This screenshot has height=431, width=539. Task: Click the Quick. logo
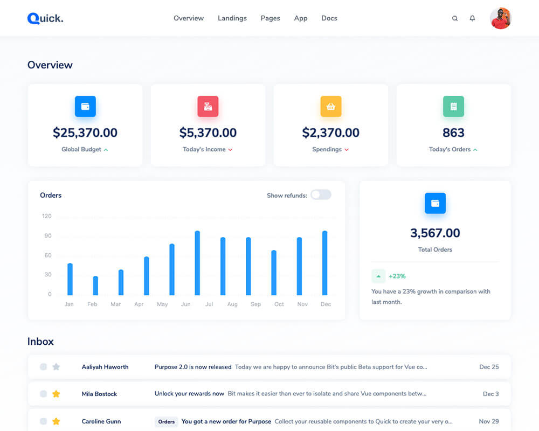(45, 18)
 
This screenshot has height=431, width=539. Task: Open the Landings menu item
(232, 18)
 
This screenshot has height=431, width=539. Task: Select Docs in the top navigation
(329, 18)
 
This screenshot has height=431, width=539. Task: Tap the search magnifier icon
(455, 18)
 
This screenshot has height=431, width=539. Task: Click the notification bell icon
(472, 18)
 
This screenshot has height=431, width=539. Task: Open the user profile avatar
(500, 18)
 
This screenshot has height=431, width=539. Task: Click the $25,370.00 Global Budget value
(85, 133)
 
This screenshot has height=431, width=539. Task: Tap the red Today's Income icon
(208, 107)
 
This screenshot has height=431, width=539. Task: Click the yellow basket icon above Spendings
(331, 107)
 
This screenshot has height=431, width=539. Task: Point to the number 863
(453, 133)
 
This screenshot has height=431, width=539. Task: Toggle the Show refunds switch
(321, 195)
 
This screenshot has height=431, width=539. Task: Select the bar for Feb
(95, 286)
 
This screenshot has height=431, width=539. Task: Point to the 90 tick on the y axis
(48, 236)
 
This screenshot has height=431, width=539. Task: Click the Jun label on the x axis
(186, 304)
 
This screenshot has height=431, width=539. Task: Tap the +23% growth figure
(397, 276)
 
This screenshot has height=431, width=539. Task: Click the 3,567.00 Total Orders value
(435, 233)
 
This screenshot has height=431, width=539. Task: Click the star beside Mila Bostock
(56, 394)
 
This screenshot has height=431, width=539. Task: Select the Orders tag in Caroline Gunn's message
(167, 422)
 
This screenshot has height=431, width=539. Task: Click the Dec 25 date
(489, 367)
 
